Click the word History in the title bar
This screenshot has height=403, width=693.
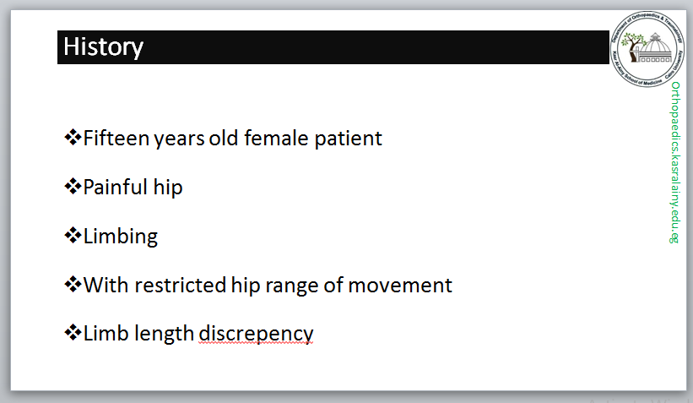click(x=103, y=47)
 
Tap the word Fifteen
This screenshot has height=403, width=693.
click(x=116, y=138)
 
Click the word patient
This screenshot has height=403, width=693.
click(x=348, y=138)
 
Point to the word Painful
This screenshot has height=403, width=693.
click(x=115, y=187)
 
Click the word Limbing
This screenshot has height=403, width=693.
click(x=120, y=237)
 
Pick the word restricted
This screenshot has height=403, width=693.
click(x=181, y=285)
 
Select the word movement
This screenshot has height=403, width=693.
click(x=400, y=286)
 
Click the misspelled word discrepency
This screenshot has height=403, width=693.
click(x=256, y=334)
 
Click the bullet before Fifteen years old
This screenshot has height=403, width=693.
click(x=73, y=137)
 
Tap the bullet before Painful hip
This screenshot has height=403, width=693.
click(x=73, y=186)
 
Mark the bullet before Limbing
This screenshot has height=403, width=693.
click(x=73, y=236)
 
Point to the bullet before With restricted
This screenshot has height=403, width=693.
click(x=73, y=284)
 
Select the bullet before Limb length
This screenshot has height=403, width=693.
click(x=73, y=332)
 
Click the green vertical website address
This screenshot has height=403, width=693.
click(x=674, y=162)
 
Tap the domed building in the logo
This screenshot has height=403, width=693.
click(x=656, y=50)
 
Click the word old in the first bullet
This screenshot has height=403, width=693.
click(x=223, y=138)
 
